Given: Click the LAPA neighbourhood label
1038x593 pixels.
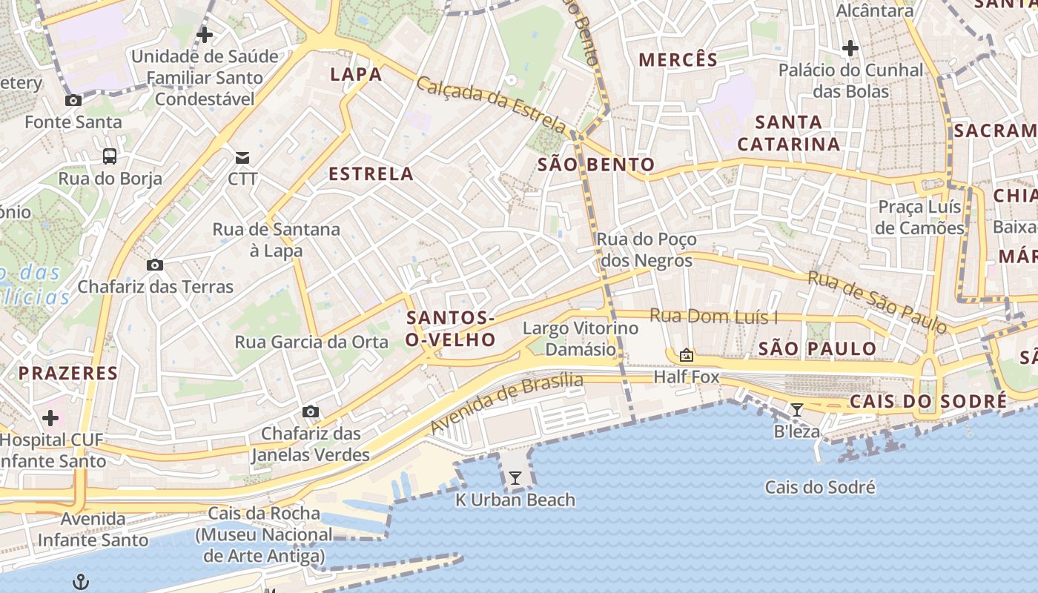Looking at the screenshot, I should (x=356, y=74).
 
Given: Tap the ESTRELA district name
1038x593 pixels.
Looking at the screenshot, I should (x=371, y=174).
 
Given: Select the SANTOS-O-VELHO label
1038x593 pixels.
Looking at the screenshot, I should (x=451, y=328).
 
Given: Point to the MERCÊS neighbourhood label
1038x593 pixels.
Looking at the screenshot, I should (x=678, y=60).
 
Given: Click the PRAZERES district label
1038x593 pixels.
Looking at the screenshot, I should (x=68, y=373).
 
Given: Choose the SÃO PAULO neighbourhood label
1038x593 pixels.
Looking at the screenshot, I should (x=817, y=348).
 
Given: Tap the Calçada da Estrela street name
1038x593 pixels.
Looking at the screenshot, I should (x=492, y=105).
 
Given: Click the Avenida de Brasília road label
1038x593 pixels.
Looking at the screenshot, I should (x=506, y=403).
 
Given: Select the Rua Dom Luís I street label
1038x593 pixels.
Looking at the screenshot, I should (x=714, y=317).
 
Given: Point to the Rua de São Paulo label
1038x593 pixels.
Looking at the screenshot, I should (x=877, y=301).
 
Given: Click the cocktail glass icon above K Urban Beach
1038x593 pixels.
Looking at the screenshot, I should (x=515, y=478).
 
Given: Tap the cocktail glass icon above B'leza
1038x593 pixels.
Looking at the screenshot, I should (x=797, y=410).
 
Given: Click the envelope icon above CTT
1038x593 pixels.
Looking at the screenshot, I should (x=242, y=157).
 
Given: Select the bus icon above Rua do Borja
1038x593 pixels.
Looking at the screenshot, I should (x=110, y=156).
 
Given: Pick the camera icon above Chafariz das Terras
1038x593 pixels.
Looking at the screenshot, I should (x=155, y=265).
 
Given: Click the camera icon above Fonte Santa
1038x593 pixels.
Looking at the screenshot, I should (x=73, y=100).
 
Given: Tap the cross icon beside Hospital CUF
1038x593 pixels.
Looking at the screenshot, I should (x=50, y=418).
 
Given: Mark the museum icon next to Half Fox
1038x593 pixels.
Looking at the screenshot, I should (x=687, y=356).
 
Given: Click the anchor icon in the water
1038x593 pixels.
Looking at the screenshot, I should (x=81, y=582).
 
